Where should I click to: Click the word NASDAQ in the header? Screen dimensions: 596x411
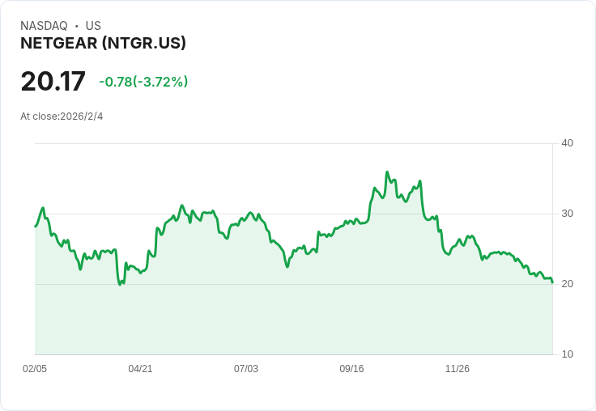(x=44, y=26)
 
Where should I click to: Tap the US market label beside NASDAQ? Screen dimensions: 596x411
(x=93, y=26)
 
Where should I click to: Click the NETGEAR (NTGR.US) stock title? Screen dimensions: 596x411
(x=103, y=44)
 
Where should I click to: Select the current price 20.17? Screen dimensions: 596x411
(x=53, y=81)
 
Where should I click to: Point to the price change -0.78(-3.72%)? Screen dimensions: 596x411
(x=143, y=82)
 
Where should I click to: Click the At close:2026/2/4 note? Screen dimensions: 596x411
(x=62, y=117)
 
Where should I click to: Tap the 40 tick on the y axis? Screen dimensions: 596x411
(x=567, y=143)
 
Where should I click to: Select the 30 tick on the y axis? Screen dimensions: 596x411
(x=567, y=214)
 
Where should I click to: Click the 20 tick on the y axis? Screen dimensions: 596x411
(x=567, y=284)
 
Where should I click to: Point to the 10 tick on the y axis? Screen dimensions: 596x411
(x=567, y=354)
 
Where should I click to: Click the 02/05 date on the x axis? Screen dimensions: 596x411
(x=35, y=368)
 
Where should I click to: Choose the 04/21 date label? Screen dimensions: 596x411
(x=140, y=368)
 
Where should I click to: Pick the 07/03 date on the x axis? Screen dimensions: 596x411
(x=246, y=368)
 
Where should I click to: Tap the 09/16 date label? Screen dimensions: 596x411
(x=351, y=368)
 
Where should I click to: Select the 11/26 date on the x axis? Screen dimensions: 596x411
(x=458, y=368)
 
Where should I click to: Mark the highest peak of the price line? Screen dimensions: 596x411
(x=387, y=172)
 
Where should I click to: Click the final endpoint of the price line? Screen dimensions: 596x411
(x=552, y=282)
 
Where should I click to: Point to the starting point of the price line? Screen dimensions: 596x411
(x=36, y=227)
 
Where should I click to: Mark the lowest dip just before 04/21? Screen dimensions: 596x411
(x=120, y=285)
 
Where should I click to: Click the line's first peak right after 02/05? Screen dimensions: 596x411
(x=44, y=208)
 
